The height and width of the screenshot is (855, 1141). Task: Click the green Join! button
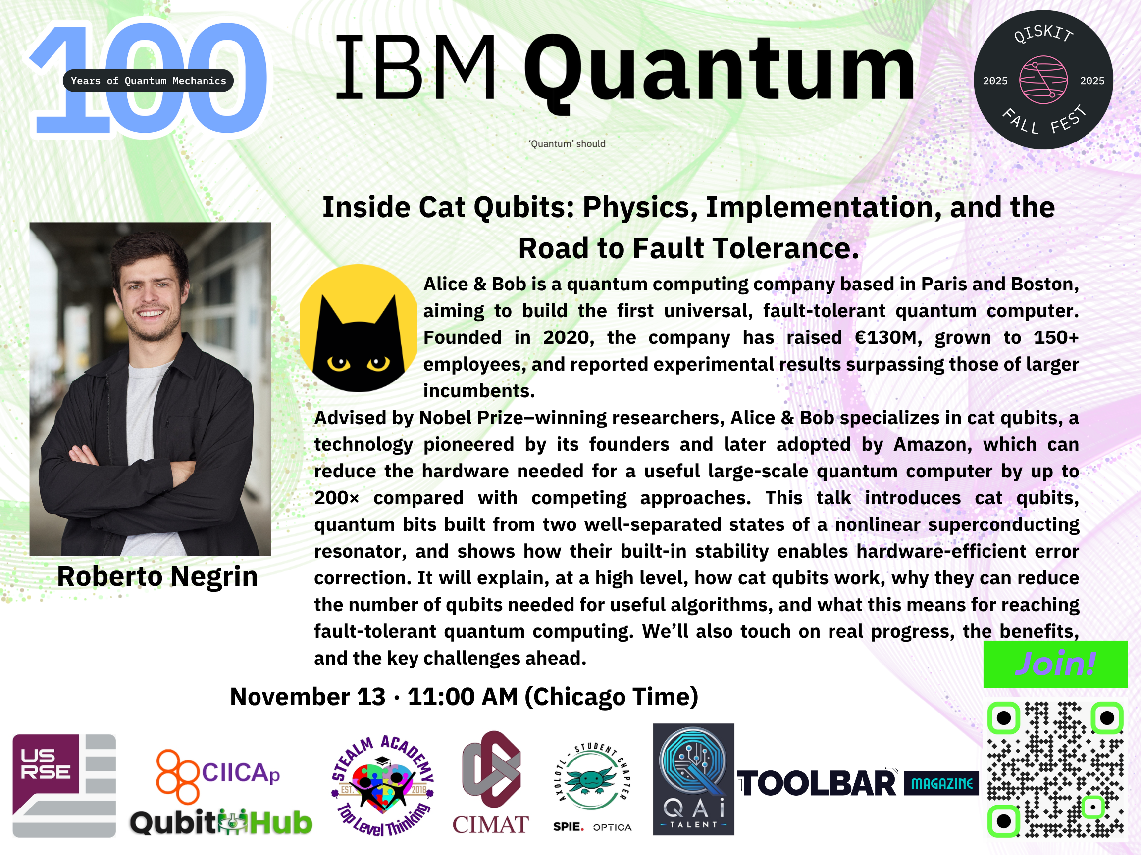tap(1055, 664)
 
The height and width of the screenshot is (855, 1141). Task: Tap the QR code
tap(1055, 769)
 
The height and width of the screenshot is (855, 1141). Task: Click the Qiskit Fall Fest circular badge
tap(1043, 80)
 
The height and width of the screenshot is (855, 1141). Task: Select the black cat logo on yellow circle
tap(359, 328)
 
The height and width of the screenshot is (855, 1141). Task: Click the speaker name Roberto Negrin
tap(157, 576)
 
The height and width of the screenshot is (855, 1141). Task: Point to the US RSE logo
tap(64, 785)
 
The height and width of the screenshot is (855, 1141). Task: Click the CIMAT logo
tap(491, 782)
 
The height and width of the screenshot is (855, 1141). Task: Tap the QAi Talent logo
tap(693, 779)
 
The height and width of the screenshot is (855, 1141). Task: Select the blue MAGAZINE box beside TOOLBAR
tap(941, 783)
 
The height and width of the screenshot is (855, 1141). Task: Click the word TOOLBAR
tap(817, 783)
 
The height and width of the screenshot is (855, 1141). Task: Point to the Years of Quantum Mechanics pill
tap(148, 80)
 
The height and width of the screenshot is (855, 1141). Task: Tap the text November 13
tap(308, 697)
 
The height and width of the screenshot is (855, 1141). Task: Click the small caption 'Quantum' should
tap(567, 144)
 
